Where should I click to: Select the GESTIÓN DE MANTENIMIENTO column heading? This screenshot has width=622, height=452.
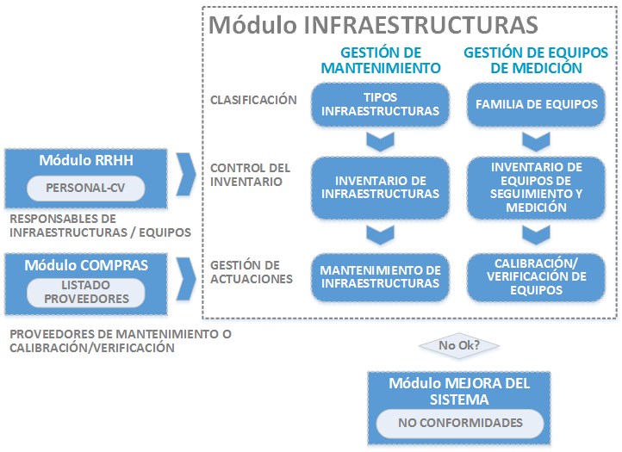(380, 59)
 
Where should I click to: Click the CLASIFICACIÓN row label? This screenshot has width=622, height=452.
(253, 100)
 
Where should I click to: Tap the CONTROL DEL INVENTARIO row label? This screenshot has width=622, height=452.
(251, 175)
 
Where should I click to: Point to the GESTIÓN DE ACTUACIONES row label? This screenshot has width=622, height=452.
(251, 271)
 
